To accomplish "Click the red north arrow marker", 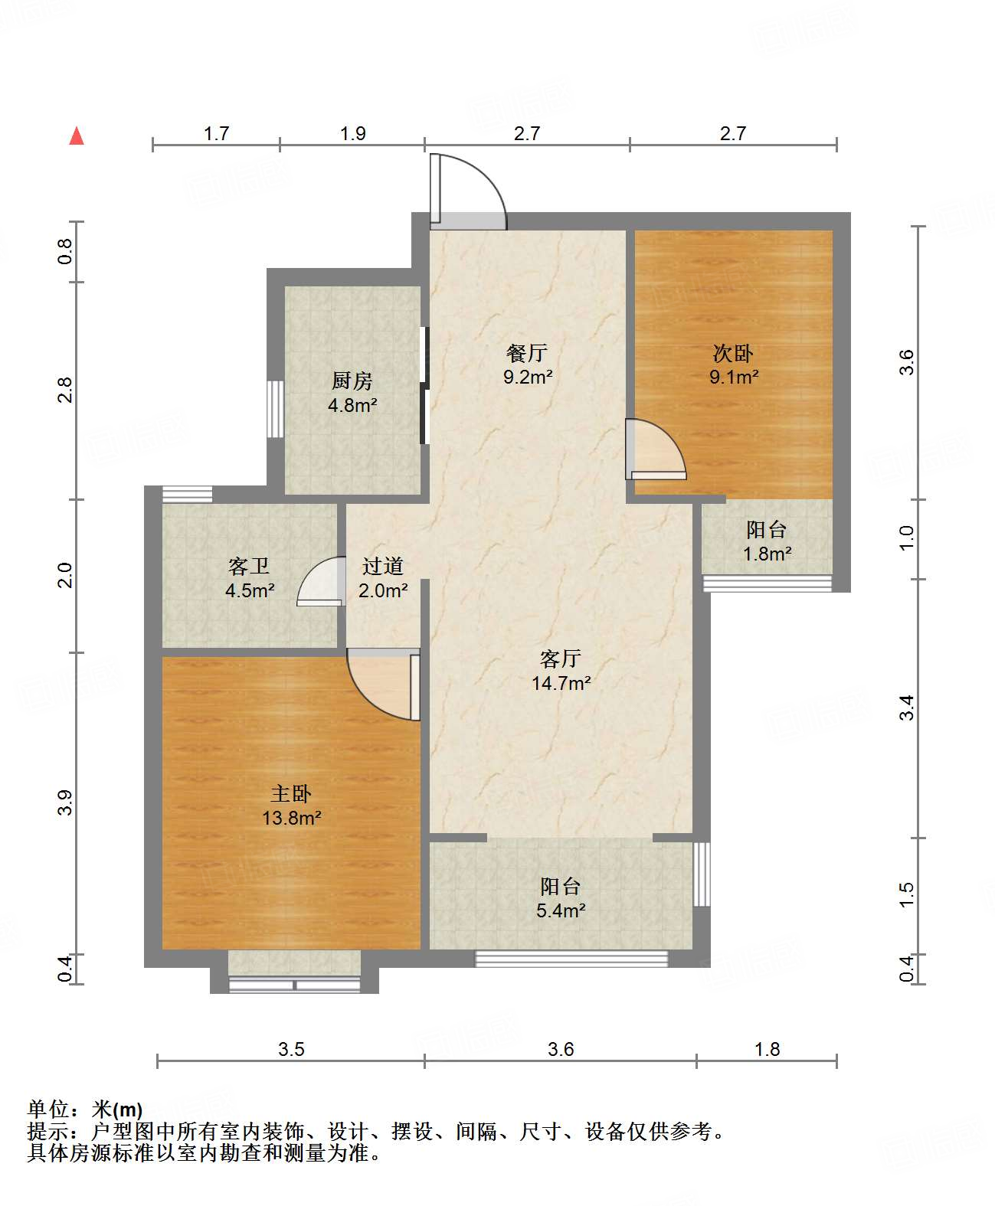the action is pos(77,136).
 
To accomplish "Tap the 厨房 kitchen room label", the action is pos(352,381).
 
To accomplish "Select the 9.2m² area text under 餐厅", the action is pos(528,377).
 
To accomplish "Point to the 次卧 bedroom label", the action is pos(733,353).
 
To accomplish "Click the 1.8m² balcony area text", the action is pos(767,554).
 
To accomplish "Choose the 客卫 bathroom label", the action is pos(248,566).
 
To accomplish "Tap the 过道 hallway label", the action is pos(382,566).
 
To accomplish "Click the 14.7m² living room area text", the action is pos(561,683).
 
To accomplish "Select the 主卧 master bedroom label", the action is pos(290,793).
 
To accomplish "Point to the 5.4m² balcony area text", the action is pos(561,911).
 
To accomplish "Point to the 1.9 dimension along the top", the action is pos(352,133).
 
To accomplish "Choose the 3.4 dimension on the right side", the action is pos(907,708).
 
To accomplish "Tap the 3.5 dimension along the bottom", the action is pos(290,1049).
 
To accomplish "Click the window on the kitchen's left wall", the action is pos(276,409).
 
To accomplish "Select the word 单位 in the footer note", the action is pos(48,1109).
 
